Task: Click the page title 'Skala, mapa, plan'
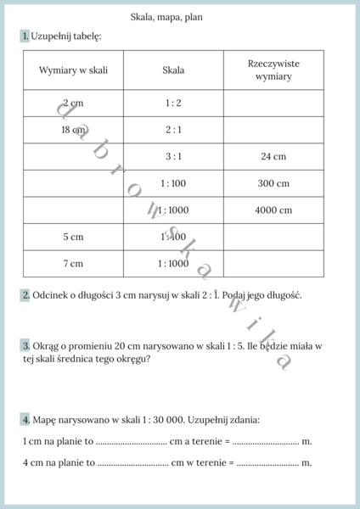click(166, 17)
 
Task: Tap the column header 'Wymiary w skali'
click(73, 70)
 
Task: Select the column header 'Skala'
click(173, 70)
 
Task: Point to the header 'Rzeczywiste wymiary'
click(273, 70)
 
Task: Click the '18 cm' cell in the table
click(73, 130)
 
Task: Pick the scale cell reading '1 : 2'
click(173, 103)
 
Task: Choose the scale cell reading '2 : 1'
click(173, 130)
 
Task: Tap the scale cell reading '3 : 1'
click(173, 157)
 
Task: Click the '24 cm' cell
click(273, 157)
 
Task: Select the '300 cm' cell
click(273, 183)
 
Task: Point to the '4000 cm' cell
click(273, 210)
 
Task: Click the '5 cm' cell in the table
click(73, 238)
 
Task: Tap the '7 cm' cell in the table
click(73, 264)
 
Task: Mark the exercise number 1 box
click(25, 36)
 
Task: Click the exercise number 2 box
click(25, 295)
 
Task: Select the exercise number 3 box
click(25, 346)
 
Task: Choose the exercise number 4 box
click(25, 420)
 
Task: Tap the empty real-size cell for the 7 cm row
click(273, 264)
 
